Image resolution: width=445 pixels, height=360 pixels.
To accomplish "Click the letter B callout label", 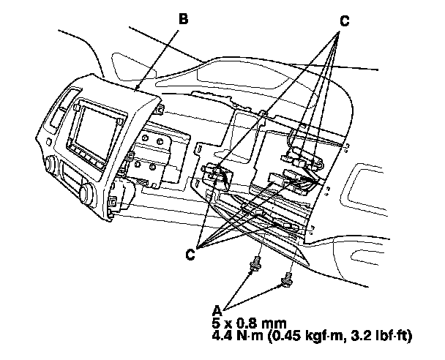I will [x=182, y=19].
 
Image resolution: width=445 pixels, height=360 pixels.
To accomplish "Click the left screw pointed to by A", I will [x=255, y=263].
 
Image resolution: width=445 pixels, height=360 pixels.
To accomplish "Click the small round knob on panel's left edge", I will [x=51, y=162].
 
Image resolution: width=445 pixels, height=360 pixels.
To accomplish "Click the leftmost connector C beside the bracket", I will [x=216, y=174].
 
